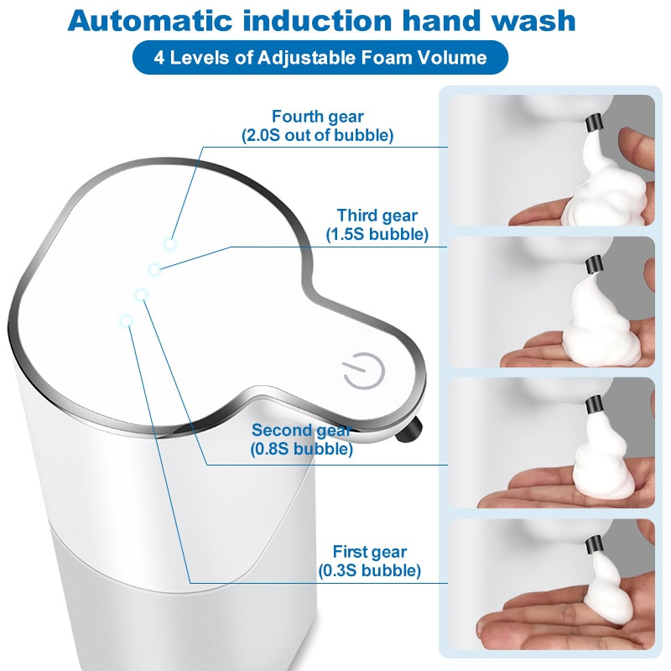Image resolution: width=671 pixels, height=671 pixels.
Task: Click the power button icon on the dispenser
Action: [x=364, y=372]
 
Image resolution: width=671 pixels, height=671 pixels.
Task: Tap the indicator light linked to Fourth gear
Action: [x=170, y=244]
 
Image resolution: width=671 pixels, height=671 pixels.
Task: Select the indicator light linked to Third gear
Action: [x=154, y=269]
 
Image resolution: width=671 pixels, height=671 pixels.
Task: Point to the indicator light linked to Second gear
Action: [x=141, y=295]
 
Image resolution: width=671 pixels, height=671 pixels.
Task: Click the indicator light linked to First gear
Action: [x=126, y=320]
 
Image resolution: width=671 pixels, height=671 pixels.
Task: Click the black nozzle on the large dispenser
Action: [x=408, y=430]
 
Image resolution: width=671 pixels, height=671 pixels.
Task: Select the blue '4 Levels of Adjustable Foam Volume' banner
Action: [x=320, y=57]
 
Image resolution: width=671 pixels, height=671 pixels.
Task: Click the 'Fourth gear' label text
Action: [x=318, y=117]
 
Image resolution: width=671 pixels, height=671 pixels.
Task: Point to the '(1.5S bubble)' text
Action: [x=377, y=234]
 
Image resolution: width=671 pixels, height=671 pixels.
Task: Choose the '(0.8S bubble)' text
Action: [x=302, y=449]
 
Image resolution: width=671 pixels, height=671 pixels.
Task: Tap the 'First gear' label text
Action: [x=370, y=552]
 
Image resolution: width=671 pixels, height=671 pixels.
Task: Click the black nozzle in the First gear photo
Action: [x=594, y=544]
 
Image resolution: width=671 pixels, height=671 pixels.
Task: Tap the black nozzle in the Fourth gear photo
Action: [x=594, y=122]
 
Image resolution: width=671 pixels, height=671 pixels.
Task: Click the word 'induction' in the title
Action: [x=318, y=20]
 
